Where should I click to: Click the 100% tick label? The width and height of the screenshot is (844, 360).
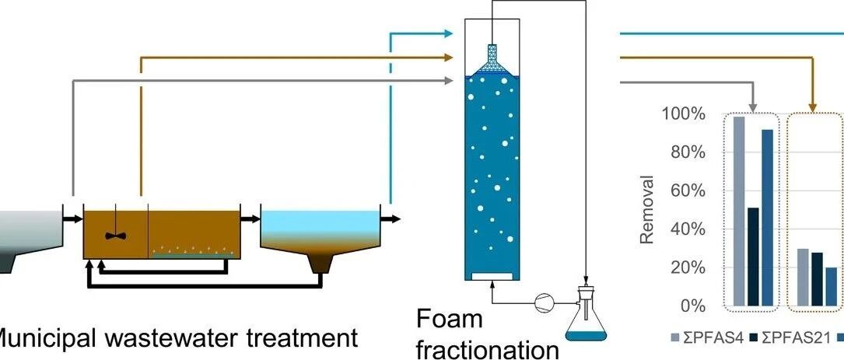click(684, 114)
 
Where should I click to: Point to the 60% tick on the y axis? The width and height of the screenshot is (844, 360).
click(688, 191)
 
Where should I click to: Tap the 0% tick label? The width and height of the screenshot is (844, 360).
click(692, 306)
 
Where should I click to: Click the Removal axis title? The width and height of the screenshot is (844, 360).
click(647, 209)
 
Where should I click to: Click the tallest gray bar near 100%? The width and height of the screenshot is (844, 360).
click(738, 211)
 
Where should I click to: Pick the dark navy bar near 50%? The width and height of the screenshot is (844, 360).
click(752, 257)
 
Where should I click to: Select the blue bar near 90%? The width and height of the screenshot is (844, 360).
click(767, 218)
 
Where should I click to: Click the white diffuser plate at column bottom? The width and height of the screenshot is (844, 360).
click(492, 276)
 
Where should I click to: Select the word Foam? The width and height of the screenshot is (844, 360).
click(449, 320)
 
